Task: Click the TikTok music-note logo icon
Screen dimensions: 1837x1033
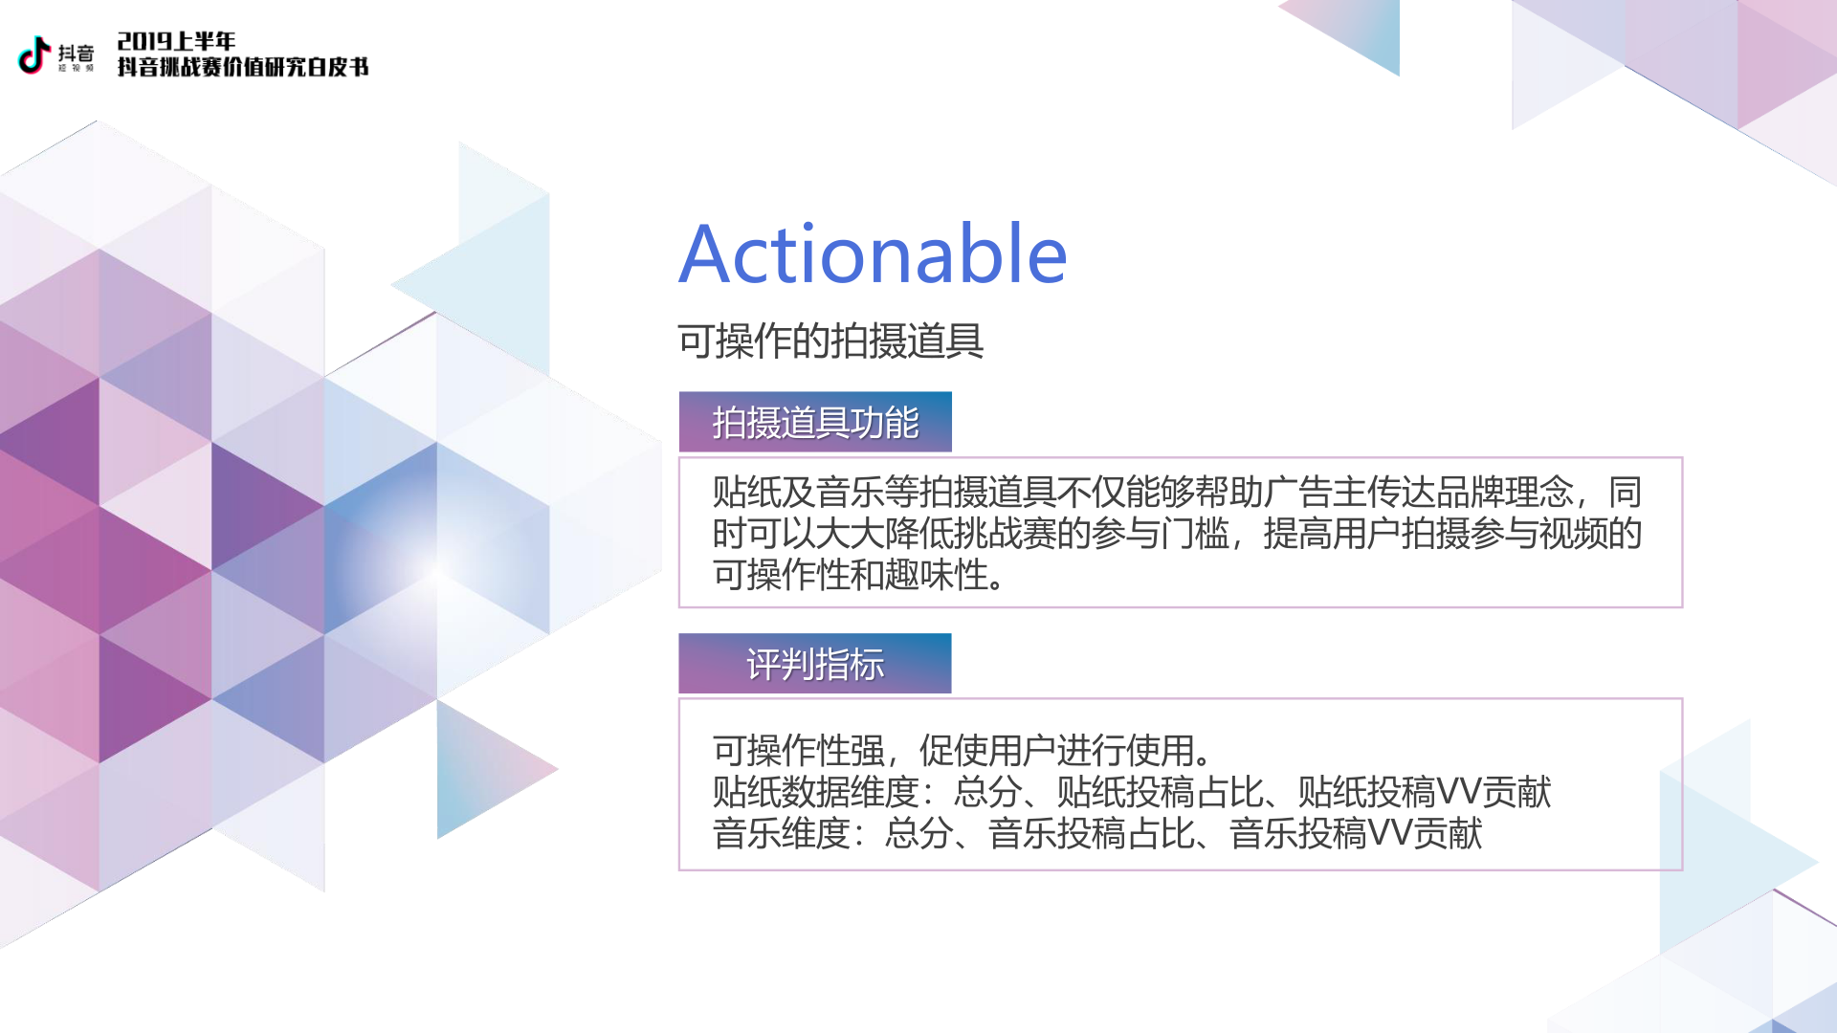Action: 34,55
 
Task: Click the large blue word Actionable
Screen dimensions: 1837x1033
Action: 873,254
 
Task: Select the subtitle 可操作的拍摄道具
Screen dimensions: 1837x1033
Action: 830,341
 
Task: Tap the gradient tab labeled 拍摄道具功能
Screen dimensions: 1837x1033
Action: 815,422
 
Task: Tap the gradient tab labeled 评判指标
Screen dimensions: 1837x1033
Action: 815,663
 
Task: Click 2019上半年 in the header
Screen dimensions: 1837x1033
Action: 176,41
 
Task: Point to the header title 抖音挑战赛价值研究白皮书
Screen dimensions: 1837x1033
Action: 243,67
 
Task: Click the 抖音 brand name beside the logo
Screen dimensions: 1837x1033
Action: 76,53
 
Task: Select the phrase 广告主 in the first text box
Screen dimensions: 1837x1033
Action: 1315,492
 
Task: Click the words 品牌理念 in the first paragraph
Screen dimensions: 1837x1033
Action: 1504,492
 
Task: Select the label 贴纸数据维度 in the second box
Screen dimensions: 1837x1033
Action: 815,792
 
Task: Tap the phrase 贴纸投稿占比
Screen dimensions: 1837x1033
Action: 1160,792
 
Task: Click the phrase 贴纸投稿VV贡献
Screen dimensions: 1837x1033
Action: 1424,792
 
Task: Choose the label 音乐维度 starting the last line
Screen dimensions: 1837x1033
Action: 781,833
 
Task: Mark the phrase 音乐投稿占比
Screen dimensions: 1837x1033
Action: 1091,833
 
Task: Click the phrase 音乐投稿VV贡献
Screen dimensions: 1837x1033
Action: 1355,833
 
